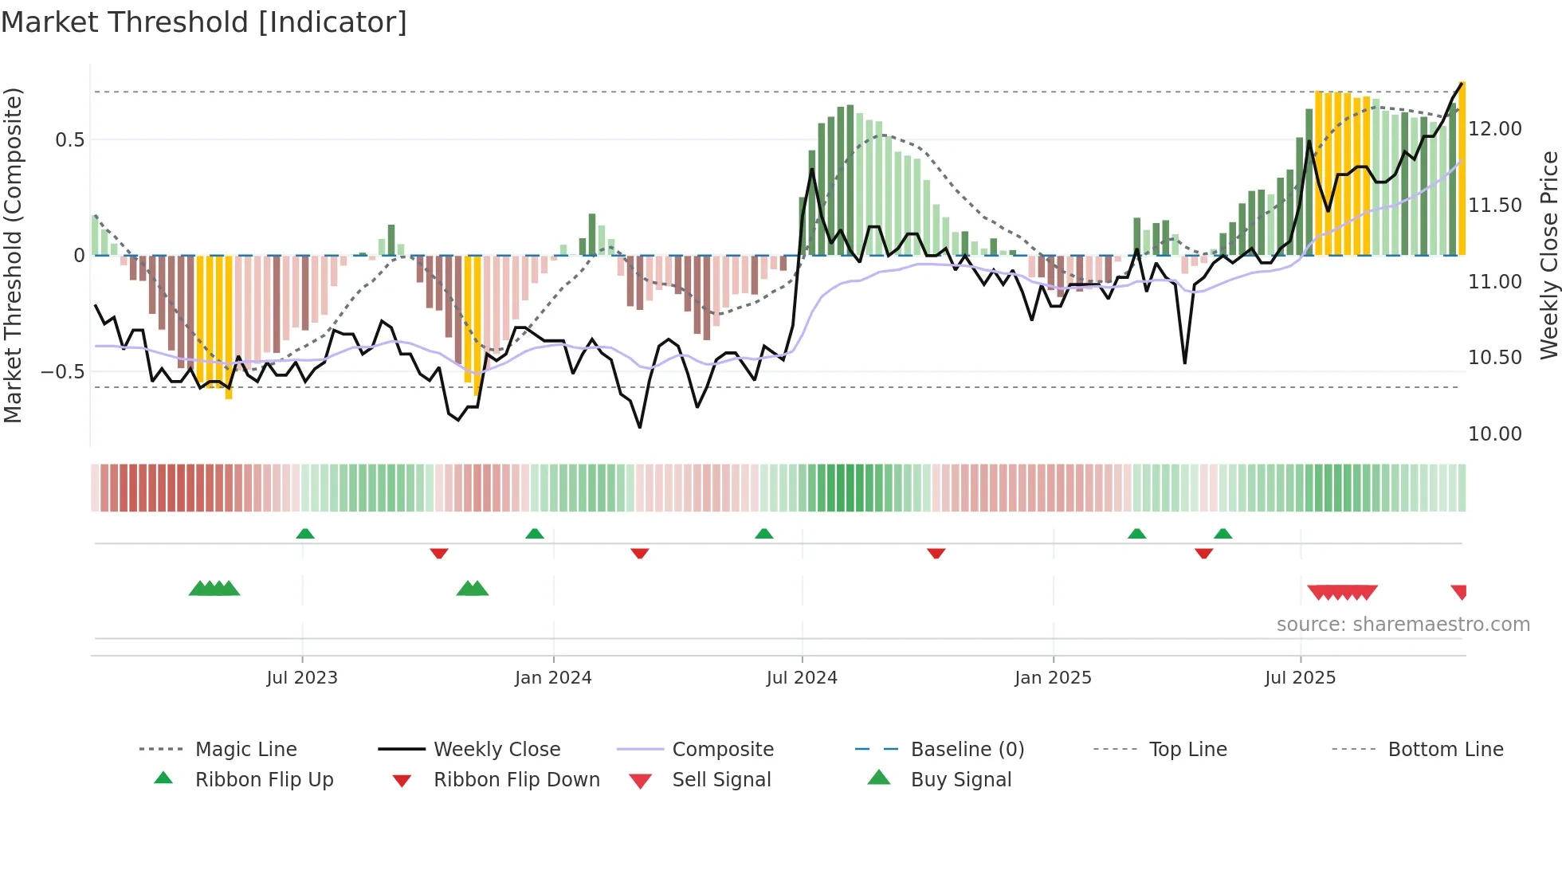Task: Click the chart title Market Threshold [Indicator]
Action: click(204, 22)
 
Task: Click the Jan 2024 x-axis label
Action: click(553, 677)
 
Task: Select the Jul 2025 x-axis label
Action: click(1300, 677)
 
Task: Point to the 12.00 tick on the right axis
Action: click(1494, 129)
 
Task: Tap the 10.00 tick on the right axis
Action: click(1494, 434)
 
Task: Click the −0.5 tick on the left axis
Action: click(62, 372)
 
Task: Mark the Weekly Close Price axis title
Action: click(1548, 255)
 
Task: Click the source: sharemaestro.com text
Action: click(1403, 624)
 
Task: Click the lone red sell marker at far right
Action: click(1459, 591)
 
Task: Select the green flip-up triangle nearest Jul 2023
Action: click(305, 534)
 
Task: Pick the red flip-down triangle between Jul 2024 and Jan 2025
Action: click(936, 553)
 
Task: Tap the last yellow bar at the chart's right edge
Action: click(1462, 167)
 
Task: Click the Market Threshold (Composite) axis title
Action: click(13, 255)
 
